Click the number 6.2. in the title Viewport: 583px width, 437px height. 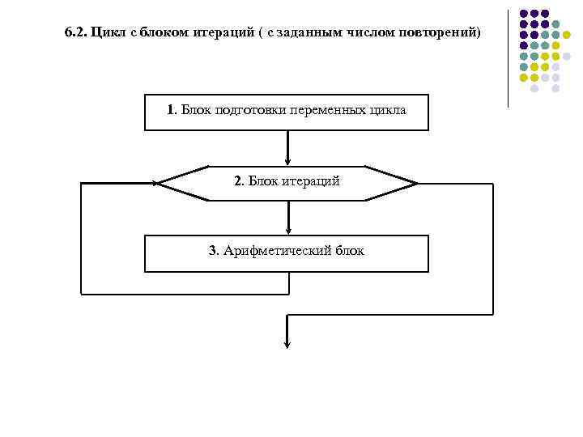[x=75, y=34]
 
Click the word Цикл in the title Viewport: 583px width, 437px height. [x=106, y=34]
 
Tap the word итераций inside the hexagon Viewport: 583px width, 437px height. [x=311, y=181]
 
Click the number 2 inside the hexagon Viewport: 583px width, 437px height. [x=238, y=181]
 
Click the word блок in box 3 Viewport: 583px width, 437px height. [x=347, y=251]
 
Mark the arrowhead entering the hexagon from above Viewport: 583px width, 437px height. [x=287, y=161]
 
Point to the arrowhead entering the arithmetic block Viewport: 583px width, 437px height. [x=287, y=231]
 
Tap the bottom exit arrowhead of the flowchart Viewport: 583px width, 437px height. [x=287, y=344]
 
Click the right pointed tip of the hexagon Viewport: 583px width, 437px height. [x=416, y=184]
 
